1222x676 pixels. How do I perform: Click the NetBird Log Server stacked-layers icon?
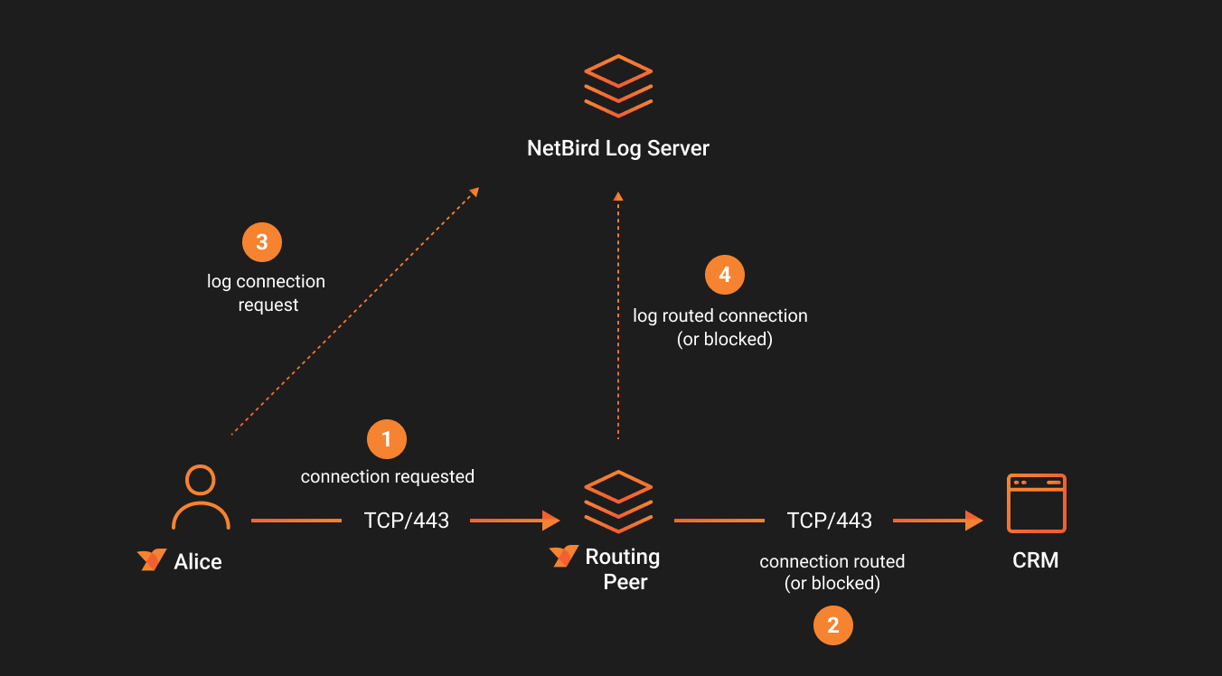[618, 86]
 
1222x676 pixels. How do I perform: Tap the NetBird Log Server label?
[618, 148]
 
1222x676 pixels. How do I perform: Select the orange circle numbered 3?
[262, 242]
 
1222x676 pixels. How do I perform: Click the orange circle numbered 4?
[725, 275]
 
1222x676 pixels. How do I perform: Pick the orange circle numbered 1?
[387, 439]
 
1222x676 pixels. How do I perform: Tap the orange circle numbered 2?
[833, 625]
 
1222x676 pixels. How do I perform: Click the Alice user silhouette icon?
[201, 497]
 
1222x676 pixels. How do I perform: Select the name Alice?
[198, 561]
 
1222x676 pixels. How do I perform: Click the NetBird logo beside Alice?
[152, 560]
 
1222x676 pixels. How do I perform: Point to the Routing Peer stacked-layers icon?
[618, 502]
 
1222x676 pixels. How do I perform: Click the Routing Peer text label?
[624, 568]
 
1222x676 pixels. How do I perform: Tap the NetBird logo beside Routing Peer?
[564, 556]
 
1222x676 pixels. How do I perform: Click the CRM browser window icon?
[1037, 503]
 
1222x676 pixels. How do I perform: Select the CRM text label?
[1036, 560]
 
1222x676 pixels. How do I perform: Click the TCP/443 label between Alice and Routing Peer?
[407, 521]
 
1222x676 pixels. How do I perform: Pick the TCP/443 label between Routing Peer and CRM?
[830, 521]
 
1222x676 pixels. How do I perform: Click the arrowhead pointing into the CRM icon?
[973, 521]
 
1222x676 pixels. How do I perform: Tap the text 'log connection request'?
[267, 293]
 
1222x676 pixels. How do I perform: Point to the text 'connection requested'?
[388, 476]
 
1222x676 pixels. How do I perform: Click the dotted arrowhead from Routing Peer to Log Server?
[618, 196]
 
